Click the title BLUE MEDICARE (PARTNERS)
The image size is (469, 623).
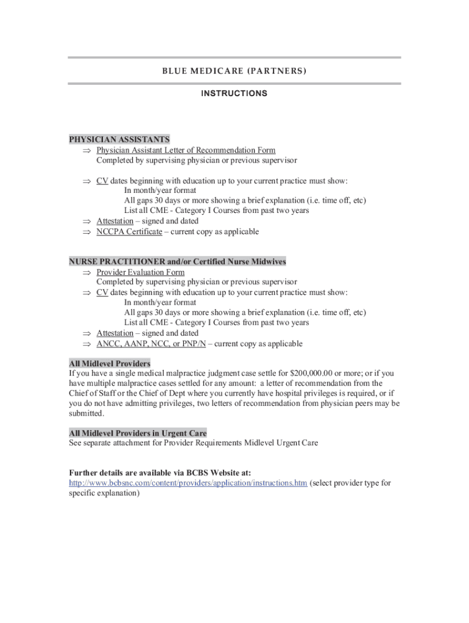[234, 71]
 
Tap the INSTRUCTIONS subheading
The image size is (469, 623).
[234, 94]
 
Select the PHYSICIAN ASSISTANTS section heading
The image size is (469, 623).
[119, 139]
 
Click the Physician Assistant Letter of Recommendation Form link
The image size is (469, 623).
[186, 150]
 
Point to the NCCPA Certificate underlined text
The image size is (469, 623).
[129, 232]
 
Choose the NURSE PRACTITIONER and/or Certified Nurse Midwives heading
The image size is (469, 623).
[177, 262]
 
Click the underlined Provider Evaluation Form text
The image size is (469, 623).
[141, 273]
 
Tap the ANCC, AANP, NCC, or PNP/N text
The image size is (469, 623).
[152, 344]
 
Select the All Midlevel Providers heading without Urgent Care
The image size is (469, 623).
[110, 363]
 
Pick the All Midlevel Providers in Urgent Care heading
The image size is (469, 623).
[138, 433]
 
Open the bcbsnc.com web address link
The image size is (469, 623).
[188, 483]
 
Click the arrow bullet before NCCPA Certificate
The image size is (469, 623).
[86, 232]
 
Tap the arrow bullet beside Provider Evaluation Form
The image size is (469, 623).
[86, 273]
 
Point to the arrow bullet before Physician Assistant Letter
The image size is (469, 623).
[86, 150]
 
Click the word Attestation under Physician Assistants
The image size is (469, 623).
[115, 221]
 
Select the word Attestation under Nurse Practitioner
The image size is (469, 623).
[115, 333]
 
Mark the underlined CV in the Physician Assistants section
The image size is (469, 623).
[102, 181]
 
